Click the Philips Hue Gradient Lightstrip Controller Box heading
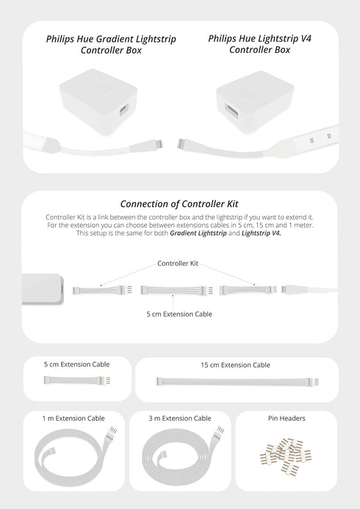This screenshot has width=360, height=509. (110, 44)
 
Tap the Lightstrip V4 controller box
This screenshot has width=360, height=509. (253, 104)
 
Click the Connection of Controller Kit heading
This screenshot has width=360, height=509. (180, 203)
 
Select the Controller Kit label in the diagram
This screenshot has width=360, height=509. (177, 262)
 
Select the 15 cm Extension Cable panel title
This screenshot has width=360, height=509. (234, 364)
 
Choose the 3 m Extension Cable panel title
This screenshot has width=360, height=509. (180, 418)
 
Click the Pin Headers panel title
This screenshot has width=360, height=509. (287, 418)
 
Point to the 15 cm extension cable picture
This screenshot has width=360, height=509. (235, 381)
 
